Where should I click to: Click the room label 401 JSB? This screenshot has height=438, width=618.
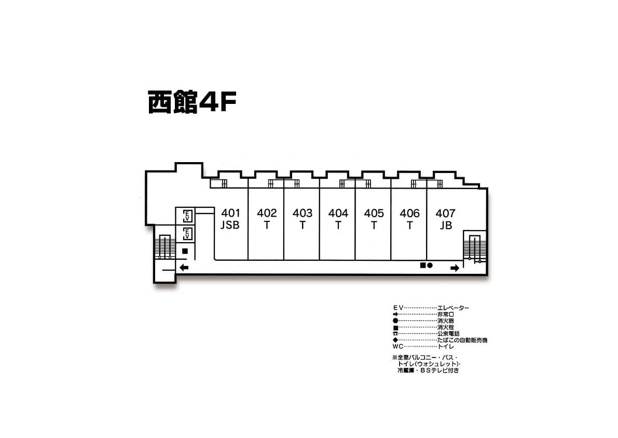[230, 219]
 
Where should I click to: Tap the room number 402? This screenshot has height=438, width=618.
[267, 214]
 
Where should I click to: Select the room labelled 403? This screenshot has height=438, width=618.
[303, 214]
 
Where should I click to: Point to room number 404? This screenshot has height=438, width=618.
[338, 214]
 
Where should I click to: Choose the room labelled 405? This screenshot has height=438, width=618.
[374, 214]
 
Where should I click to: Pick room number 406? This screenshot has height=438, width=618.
[409, 214]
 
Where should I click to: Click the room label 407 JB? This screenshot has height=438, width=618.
[445, 219]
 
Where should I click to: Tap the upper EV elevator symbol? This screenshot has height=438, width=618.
[188, 216]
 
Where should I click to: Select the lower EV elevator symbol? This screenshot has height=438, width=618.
[188, 234]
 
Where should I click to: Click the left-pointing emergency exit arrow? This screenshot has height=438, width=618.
[184, 268]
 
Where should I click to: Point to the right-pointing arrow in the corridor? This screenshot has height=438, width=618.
[455, 268]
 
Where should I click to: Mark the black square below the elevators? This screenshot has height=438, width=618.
[185, 251]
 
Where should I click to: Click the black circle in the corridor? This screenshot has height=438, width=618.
[430, 266]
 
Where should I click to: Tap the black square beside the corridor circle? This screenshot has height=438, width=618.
[423, 266]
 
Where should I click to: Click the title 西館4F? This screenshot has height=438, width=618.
[192, 102]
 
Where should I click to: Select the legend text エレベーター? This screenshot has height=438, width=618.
[454, 308]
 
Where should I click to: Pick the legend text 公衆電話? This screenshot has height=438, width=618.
[448, 334]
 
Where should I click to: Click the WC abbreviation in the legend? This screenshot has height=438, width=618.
[397, 347]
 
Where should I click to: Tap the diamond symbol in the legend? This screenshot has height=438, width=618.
[395, 340]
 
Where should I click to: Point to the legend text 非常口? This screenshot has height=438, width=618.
[446, 314]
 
